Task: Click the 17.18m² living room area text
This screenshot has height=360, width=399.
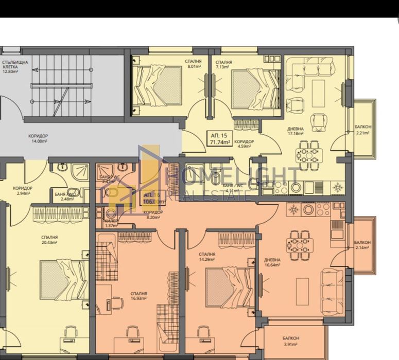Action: [x=296, y=133]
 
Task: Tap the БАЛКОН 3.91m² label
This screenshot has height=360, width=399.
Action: [x=291, y=341]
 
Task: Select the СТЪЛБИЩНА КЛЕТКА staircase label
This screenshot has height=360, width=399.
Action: [x=15, y=66]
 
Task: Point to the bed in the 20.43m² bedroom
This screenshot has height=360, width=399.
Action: [x=64, y=279]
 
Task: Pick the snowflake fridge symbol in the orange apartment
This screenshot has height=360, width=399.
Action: [x=294, y=210]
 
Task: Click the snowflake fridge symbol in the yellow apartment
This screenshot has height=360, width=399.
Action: [x=338, y=188]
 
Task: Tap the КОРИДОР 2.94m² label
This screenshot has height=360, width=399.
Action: [x=22, y=191]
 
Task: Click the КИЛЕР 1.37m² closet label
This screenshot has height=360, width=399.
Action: [x=111, y=223]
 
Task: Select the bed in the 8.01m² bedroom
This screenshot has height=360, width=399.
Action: [x=158, y=85]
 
